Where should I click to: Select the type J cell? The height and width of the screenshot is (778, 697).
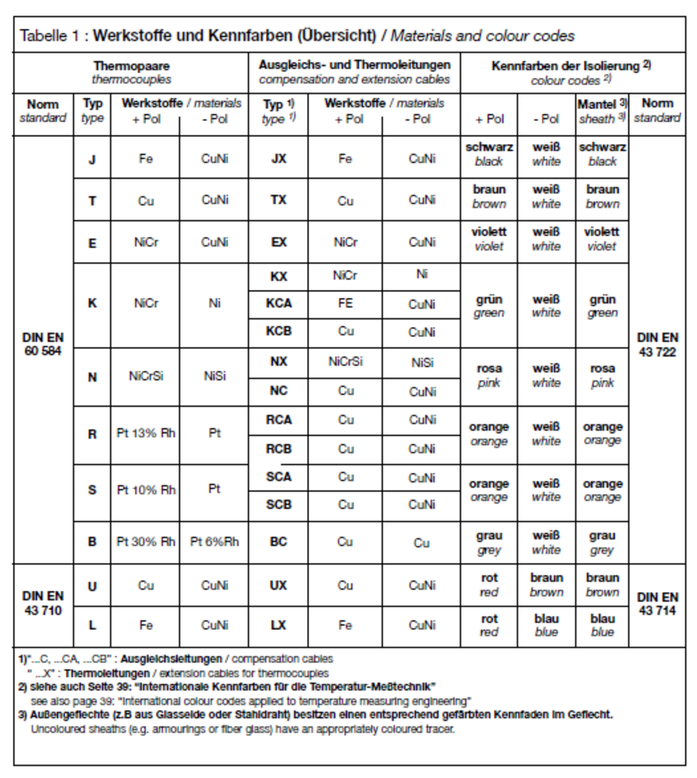(92, 160)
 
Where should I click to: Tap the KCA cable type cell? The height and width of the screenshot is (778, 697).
(278, 303)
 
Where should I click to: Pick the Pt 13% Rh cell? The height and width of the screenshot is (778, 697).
(145, 433)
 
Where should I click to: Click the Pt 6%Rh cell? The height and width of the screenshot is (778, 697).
(214, 542)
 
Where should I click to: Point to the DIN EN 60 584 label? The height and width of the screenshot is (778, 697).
(43, 344)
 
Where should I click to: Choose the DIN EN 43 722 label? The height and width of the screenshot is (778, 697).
(657, 345)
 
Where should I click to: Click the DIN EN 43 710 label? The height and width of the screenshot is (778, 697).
(43, 603)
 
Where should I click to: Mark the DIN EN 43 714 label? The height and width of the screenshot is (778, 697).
(657, 604)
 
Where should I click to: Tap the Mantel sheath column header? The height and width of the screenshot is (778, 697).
(602, 112)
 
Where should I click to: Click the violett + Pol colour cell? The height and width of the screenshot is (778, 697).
(489, 239)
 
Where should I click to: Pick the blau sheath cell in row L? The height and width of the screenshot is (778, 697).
(602, 625)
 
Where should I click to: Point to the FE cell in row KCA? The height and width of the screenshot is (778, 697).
(345, 303)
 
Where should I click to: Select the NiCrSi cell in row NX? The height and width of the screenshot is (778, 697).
(345, 362)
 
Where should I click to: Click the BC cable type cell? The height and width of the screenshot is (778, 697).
(278, 542)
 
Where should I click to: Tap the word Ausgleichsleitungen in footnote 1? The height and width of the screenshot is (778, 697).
(171, 659)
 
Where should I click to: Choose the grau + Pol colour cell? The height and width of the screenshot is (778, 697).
(489, 542)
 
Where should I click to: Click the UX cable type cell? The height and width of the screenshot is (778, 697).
(278, 585)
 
